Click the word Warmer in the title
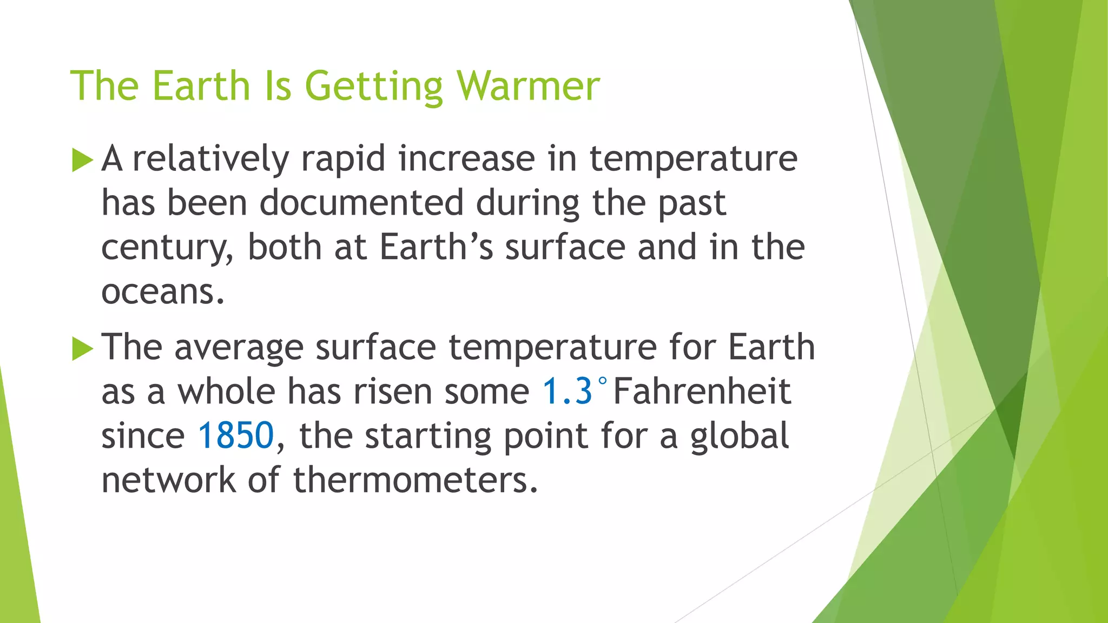[x=528, y=86]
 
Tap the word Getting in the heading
[x=374, y=87]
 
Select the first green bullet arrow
[x=82, y=160]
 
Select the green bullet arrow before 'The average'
[x=82, y=348]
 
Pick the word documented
[x=361, y=203]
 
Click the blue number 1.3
[x=567, y=392]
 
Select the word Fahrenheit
[x=702, y=392]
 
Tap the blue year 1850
[x=236, y=436]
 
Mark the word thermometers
[x=415, y=480]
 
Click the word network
[x=168, y=480]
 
